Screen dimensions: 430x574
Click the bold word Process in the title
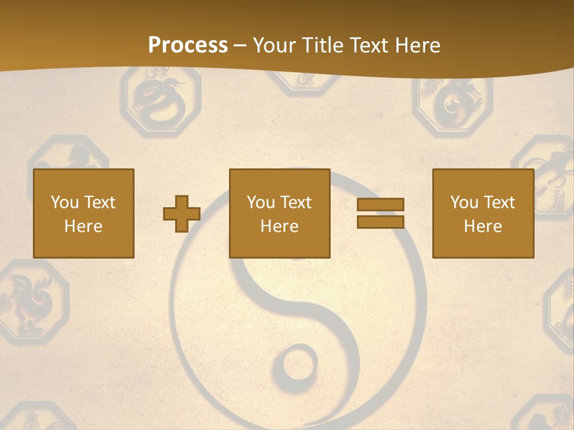click(x=188, y=45)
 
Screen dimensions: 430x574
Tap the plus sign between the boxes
click(x=182, y=214)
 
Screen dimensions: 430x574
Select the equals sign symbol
click(x=380, y=213)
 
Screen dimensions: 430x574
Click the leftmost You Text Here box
click(x=83, y=213)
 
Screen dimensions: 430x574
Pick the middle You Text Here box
click(x=279, y=213)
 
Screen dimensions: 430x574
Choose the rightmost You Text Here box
click(x=483, y=213)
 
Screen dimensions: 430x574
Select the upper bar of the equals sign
click(x=380, y=205)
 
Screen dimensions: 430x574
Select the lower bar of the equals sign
click(x=380, y=222)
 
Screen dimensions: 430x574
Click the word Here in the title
click(x=418, y=45)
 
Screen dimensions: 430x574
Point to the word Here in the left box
click(x=83, y=226)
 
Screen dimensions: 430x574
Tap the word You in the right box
click(x=464, y=202)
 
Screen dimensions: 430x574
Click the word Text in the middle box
click(x=297, y=202)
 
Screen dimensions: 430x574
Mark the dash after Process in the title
click(x=240, y=45)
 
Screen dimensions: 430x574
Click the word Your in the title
click(x=274, y=45)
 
